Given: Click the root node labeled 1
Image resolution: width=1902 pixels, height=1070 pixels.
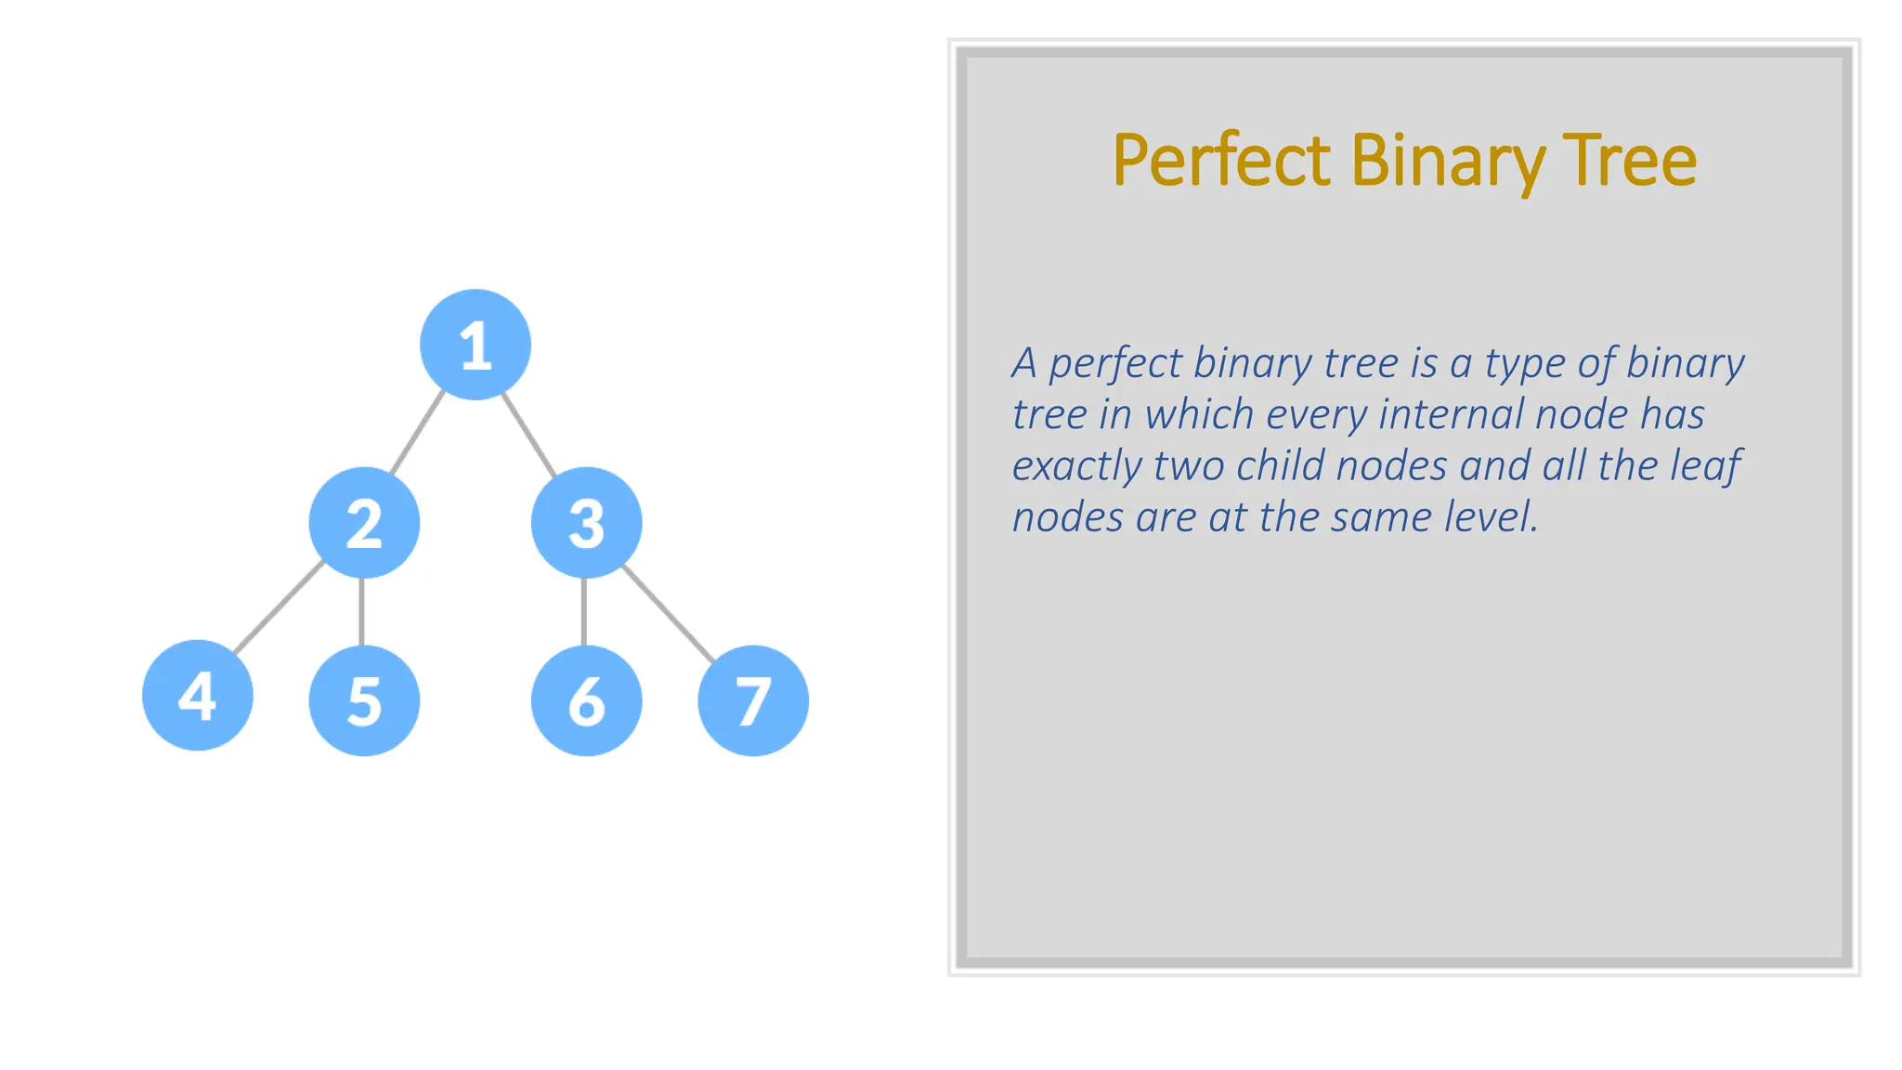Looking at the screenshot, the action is [475, 345].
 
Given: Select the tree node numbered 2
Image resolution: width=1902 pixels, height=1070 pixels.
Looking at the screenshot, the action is [364, 523].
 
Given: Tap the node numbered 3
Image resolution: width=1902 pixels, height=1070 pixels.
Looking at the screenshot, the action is [586, 523].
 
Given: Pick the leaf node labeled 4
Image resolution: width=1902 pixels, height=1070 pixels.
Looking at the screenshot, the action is [198, 696].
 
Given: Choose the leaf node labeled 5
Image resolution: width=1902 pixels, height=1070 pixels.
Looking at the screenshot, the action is [364, 700].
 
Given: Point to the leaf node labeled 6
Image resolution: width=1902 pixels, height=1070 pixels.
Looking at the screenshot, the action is [586, 700].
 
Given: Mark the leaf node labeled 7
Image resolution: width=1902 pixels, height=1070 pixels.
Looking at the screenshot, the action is [753, 700].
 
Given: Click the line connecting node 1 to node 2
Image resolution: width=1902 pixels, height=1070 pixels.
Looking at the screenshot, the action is [417, 434].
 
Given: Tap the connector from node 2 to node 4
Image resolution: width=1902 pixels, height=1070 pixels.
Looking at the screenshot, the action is [279, 608].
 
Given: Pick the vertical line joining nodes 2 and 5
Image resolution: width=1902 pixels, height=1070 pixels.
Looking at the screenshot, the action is [361, 611].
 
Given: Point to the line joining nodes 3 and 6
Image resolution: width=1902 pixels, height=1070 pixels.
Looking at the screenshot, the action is [584, 611].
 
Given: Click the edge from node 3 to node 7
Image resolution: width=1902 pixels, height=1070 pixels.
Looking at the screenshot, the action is [668, 612].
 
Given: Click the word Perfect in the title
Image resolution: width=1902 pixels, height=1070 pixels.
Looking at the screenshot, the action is [1222, 162].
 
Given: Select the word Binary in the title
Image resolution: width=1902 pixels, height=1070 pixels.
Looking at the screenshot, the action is [1449, 162].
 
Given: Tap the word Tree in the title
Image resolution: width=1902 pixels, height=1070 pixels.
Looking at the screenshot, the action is [1630, 162].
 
